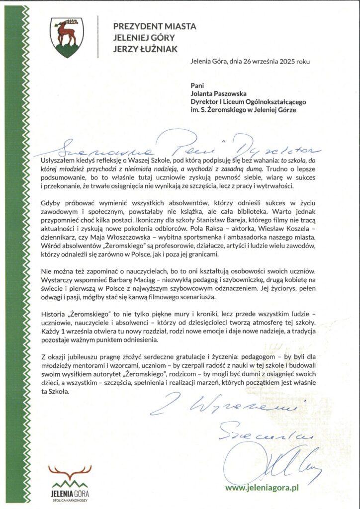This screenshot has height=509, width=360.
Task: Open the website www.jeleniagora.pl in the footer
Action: point(262,488)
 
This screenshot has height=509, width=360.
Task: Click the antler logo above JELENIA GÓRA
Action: point(70,471)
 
